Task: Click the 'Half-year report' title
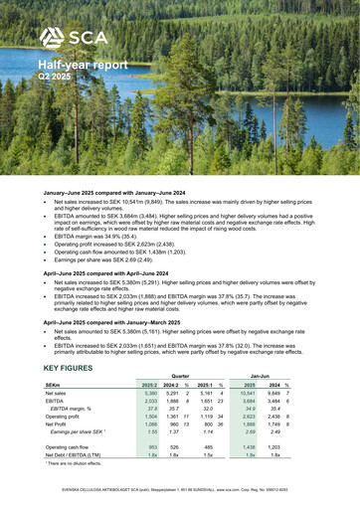pyautogui.click(x=84, y=65)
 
